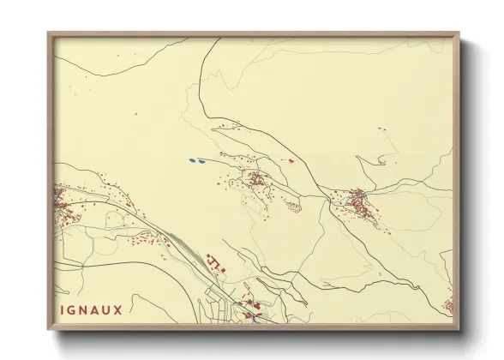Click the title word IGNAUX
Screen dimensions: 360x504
click(x=93, y=309)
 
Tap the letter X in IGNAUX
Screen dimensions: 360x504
click(x=117, y=309)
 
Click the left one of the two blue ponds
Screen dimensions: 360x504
click(x=192, y=159)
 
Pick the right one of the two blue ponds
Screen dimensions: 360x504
click(x=201, y=159)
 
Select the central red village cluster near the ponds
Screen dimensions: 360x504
click(x=255, y=179)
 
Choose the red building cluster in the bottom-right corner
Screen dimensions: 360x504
click(x=447, y=304)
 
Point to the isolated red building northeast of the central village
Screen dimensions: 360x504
click(x=291, y=160)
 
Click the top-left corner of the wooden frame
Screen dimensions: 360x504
click(x=49, y=35)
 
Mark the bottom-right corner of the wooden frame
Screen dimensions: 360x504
click(x=459, y=329)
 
